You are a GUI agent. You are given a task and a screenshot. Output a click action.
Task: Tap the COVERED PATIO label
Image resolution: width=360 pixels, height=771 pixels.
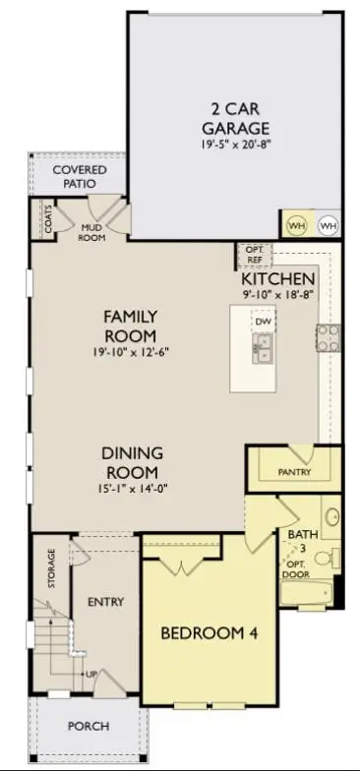coord(80,176)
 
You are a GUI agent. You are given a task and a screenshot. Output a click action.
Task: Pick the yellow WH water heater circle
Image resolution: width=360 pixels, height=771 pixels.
coord(295,225)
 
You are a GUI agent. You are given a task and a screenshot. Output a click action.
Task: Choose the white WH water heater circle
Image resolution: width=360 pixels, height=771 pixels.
coord(328,225)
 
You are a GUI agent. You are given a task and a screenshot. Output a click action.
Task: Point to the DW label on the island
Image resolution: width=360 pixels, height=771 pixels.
coord(262,322)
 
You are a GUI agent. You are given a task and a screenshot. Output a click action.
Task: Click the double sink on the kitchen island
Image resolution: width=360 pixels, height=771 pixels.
coord(263,346)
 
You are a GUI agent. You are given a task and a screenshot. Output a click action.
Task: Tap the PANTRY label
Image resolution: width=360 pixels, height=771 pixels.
coord(294,472)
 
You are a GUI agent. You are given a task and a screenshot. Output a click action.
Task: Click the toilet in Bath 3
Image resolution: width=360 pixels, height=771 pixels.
coord(332,559)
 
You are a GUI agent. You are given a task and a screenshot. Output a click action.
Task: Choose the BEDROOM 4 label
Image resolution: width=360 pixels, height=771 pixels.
coord(209,634)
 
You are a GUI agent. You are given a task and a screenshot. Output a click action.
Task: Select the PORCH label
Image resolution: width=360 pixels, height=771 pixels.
coord(88,727)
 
